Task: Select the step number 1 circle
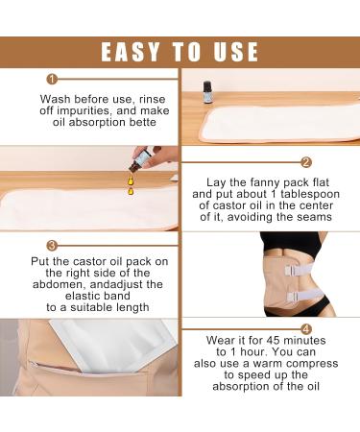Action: point(52,80)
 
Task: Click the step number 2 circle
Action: point(306,162)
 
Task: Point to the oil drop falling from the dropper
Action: point(129,190)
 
